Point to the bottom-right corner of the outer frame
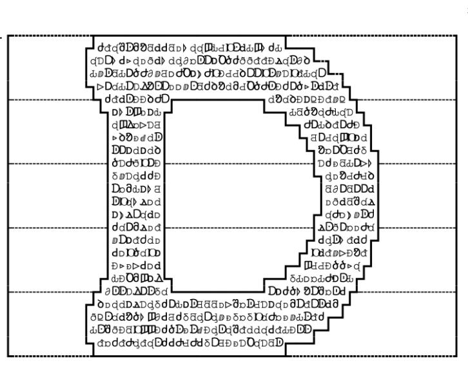click(x=460, y=356)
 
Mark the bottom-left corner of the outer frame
click(x=8, y=356)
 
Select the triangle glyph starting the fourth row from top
click(x=100, y=86)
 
